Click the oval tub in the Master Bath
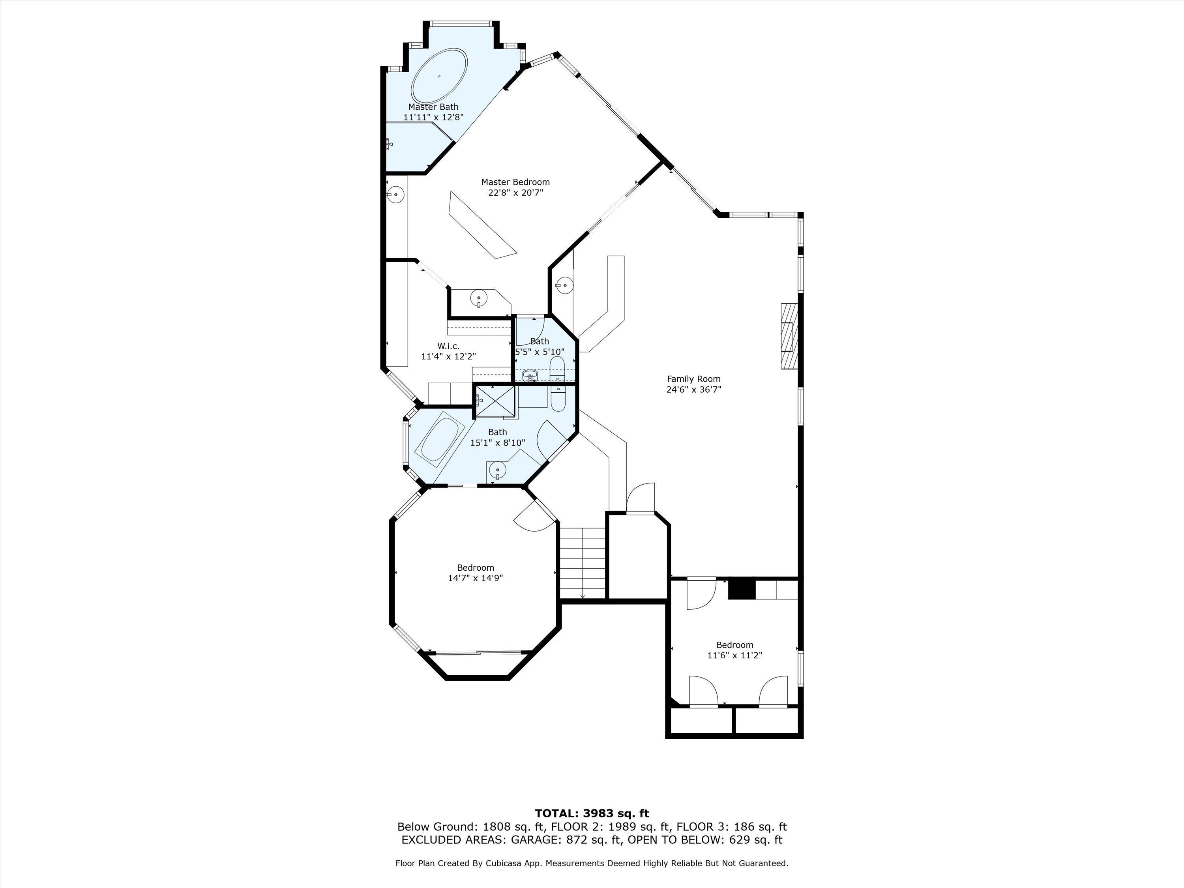point(439,76)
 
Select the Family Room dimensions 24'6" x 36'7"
point(694,390)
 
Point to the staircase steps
point(583,562)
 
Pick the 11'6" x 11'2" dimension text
point(735,655)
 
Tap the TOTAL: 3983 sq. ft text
point(592,813)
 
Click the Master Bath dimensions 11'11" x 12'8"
point(434,117)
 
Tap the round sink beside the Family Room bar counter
point(564,285)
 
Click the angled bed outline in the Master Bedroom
point(483,225)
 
